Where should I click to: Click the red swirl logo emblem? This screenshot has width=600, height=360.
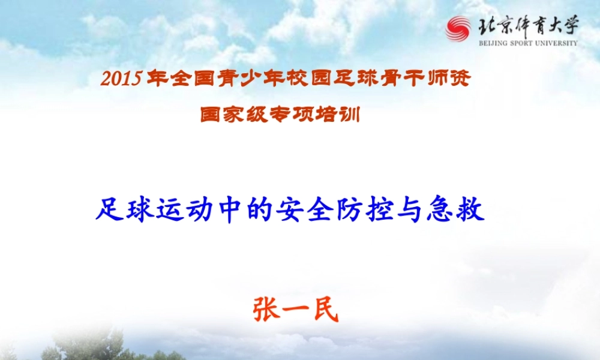point(458,29)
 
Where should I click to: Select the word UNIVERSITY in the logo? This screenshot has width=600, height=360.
point(557,43)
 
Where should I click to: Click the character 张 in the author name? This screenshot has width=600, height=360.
point(265,310)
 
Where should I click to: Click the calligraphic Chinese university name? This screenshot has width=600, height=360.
point(527,26)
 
